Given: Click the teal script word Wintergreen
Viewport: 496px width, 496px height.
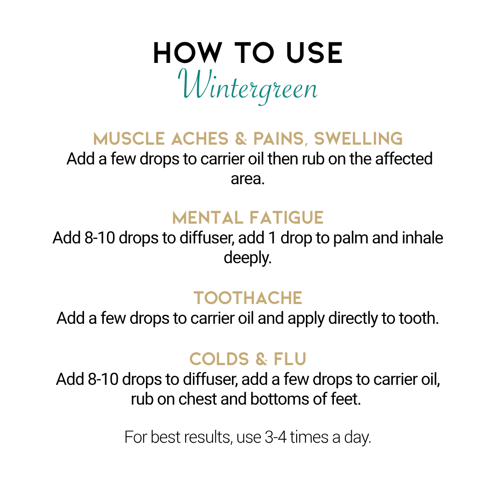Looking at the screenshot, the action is (x=248, y=86).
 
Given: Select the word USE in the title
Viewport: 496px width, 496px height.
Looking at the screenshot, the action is (x=314, y=53).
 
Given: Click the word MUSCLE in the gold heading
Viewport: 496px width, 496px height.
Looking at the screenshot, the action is (x=129, y=139).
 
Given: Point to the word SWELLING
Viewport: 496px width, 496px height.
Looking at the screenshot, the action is (x=358, y=139).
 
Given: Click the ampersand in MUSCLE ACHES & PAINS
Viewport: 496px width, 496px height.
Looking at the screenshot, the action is (x=241, y=139).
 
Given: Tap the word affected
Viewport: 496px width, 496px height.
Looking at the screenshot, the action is (x=404, y=159).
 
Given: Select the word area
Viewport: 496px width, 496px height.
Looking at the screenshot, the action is (x=248, y=179).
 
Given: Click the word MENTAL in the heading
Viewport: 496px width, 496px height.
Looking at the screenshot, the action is (x=207, y=218).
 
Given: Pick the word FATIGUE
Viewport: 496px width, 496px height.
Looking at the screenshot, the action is (x=286, y=218).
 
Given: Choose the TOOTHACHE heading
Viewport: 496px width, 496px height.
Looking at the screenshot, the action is (x=248, y=298).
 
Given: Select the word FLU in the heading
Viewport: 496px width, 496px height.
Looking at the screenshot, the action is (x=290, y=359).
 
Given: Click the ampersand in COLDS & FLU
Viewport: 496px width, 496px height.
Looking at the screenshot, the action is (x=261, y=359).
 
